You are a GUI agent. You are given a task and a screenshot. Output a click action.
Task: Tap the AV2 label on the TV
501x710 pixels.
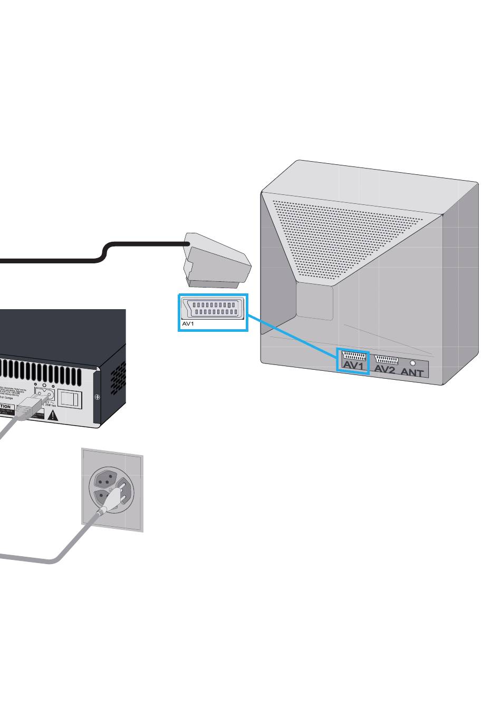click(384, 370)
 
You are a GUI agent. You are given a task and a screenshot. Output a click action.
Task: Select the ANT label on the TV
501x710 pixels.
click(412, 372)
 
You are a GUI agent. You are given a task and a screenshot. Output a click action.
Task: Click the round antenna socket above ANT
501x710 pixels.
click(412, 363)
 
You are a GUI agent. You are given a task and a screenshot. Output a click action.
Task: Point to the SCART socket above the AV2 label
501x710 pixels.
click(386, 360)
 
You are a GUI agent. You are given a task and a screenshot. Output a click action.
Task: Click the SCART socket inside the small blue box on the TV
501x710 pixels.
click(354, 356)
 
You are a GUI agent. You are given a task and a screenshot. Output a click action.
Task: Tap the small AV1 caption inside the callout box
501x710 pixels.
click(188, 324)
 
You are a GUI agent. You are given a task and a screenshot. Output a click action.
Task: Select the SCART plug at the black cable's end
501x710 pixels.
click(217, 260)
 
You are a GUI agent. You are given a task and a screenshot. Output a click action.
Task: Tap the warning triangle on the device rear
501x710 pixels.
click(53, 416)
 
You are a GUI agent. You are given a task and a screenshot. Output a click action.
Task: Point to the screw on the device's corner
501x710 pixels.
click(96, 397)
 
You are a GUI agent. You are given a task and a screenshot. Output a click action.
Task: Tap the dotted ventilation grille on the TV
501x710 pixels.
click(348, 237)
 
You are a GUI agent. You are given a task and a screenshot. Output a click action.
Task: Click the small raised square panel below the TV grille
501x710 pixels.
click(314, 302)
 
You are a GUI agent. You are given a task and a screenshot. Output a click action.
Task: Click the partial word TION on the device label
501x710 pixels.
click(5, 407)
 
